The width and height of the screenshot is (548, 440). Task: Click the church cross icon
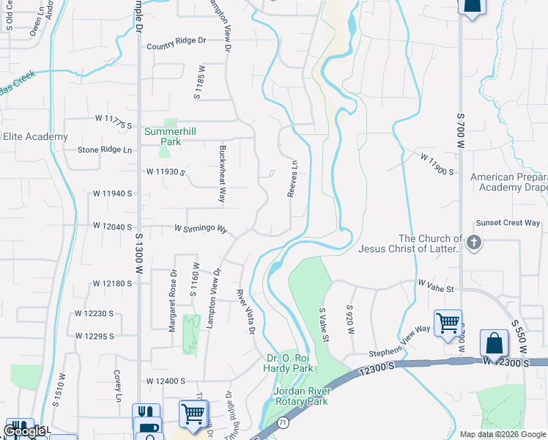pyautogui.click(x=474, y=243)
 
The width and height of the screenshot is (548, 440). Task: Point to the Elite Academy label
pyautogui.click(x=34, y=136)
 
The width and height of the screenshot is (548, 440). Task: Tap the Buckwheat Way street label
pyautogui.click(x=221, y=173)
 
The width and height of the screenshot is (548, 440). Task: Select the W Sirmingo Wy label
pyautogui.click(x=201, y=229)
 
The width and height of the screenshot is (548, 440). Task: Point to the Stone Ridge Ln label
pyautogui.click(x=108, y=150)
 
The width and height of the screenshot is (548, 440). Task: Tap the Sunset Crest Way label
pyautogui.click(x=508, y=223)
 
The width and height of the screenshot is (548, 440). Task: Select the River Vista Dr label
pyautogui.click(x=245, y=312)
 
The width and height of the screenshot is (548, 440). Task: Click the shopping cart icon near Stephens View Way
pyautogui.click(x=447, y=323)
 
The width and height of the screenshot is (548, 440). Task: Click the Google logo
pyautogui.click(x=25, y=430)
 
